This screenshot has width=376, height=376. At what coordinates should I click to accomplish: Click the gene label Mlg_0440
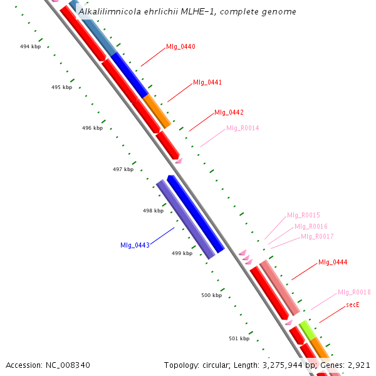click(180, 47)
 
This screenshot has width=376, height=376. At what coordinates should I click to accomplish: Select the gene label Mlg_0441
click(207, 83)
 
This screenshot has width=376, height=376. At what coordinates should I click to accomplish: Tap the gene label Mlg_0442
click(229, 113)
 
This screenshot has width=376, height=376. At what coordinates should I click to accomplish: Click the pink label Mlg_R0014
click(243, 128)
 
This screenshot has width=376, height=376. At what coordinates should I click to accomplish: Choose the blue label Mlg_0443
click(135, 245)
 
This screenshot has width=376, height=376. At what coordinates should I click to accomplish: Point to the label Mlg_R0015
click(303, 216)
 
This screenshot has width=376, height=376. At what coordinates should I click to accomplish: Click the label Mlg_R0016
click(311, 226)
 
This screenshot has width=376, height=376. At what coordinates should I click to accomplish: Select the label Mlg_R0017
click(317, 236)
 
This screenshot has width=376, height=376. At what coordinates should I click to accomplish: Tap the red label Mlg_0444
click(333, 263)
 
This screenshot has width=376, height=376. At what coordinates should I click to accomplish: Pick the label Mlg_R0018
click(354, 292)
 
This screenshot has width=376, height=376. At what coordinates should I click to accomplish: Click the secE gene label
click(352, 305)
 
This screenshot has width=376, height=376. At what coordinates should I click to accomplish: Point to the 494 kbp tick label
click(30, 47)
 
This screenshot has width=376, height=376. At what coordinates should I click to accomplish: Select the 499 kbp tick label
click(182, 253)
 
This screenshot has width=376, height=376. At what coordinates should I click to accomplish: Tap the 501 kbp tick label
click(239, 338)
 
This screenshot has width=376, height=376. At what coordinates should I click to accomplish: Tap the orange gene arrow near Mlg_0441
click(157, 111)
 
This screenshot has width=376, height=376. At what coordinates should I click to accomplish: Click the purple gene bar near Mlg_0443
click(185, 219)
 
